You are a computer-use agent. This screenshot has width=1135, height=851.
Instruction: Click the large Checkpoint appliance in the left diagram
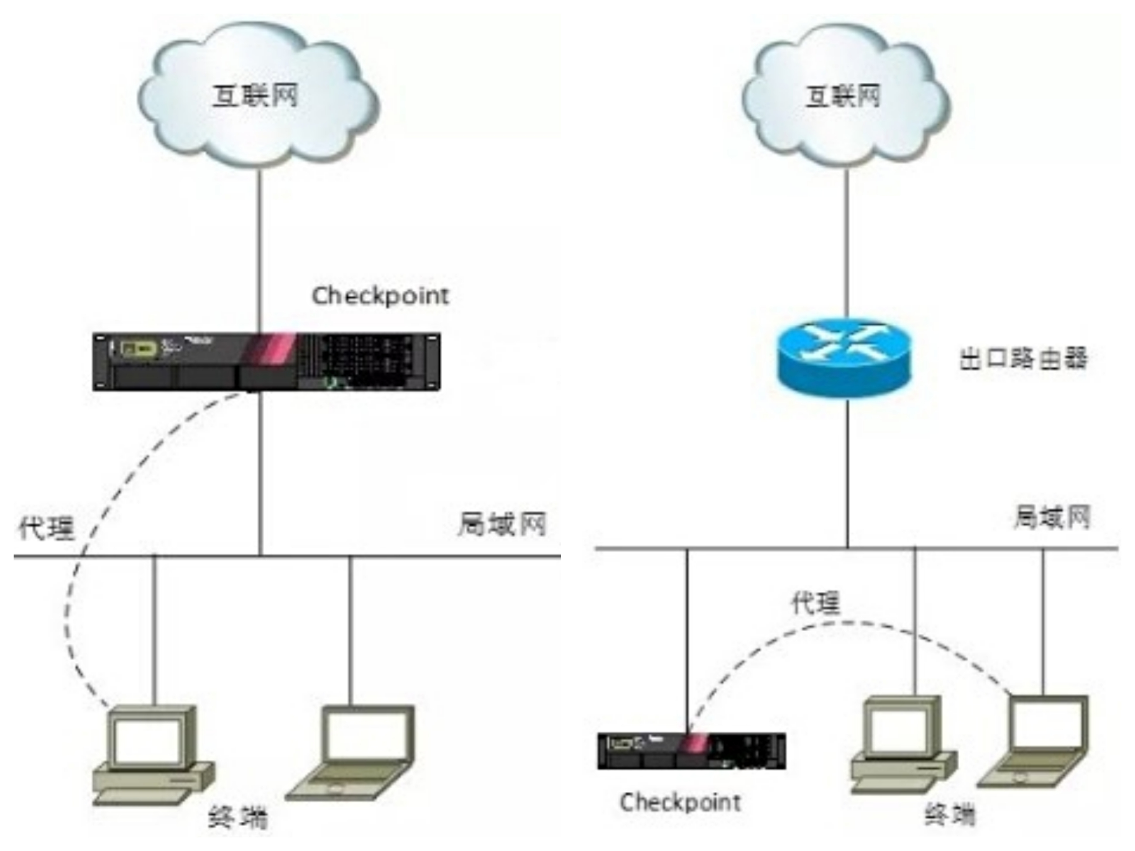point(266,362)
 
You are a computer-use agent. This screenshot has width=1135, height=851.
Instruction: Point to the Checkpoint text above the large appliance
point(380,296)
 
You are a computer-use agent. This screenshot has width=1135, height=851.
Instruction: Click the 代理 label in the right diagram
point(816,603)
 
